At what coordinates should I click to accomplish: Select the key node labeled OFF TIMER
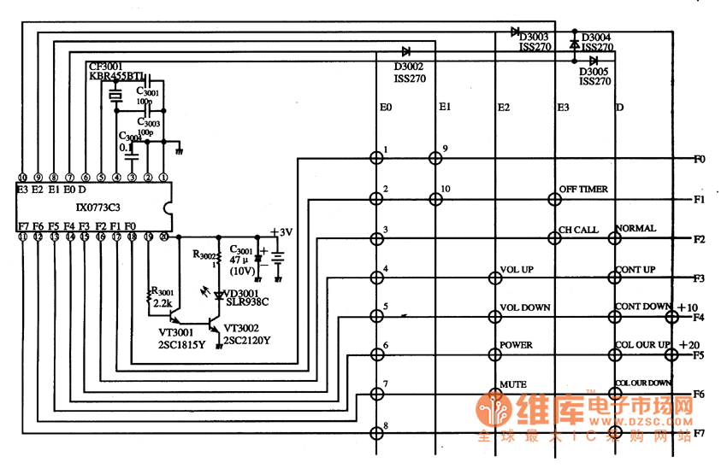[x=553, y=199]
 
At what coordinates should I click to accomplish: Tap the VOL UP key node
[x=494, y=278]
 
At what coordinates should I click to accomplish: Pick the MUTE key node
[x=494, y=394]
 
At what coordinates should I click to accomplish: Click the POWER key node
[x=494, y=354]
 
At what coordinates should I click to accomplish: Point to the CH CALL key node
[x=553, y=238]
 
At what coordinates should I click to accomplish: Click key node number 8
[x=375, y=432]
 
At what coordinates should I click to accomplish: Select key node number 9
[x=435, y=158]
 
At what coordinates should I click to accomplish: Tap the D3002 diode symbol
[x=405, y=52]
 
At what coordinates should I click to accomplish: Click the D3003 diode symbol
[x=516, y=32]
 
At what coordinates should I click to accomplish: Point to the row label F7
[x=700, y=433]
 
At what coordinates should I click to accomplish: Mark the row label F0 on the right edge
[x=700, y=159]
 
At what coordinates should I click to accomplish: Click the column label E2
[x=504, y=108]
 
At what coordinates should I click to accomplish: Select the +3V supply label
[x=281, y=232]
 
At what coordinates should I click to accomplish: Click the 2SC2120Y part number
[x=248, y=341]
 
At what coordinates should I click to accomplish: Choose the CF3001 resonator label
[x=105, y=65]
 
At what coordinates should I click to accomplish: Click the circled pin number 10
[x=23, y=178]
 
